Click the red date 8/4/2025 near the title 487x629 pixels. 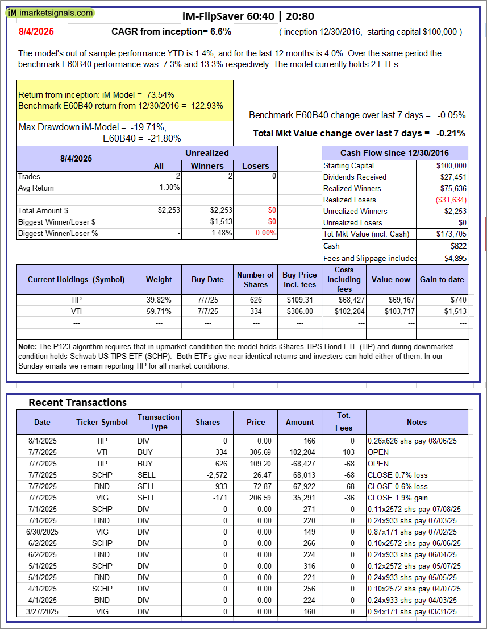(x=36, y=32)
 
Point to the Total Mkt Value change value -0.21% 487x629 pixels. (x=451, y=134)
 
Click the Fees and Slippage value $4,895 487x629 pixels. (x=455, y=258)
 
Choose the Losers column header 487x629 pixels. (x=256, y=165)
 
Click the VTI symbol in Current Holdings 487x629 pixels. (x=76, y=311)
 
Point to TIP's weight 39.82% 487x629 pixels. (x=159, y=300)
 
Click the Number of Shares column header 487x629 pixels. (x=256, y=279)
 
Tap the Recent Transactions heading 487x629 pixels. (x=77, y=403)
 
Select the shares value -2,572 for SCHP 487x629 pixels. (x=207, y=475)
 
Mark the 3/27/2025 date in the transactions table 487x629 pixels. (x=42, y=611)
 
